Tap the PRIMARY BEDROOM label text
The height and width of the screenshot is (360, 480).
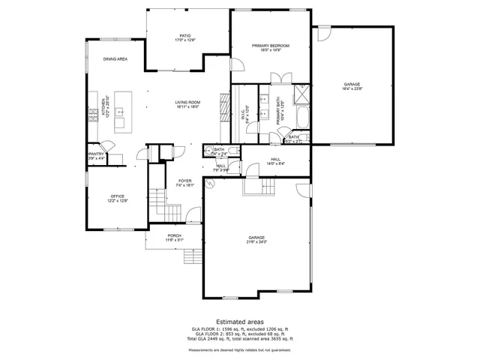270,46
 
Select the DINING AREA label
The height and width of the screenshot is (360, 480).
115,58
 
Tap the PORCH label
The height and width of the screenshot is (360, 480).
174,235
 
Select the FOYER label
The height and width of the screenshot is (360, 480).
185,181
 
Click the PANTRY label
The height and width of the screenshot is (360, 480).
95,154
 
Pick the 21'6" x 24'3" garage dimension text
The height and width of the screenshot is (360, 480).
256,241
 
